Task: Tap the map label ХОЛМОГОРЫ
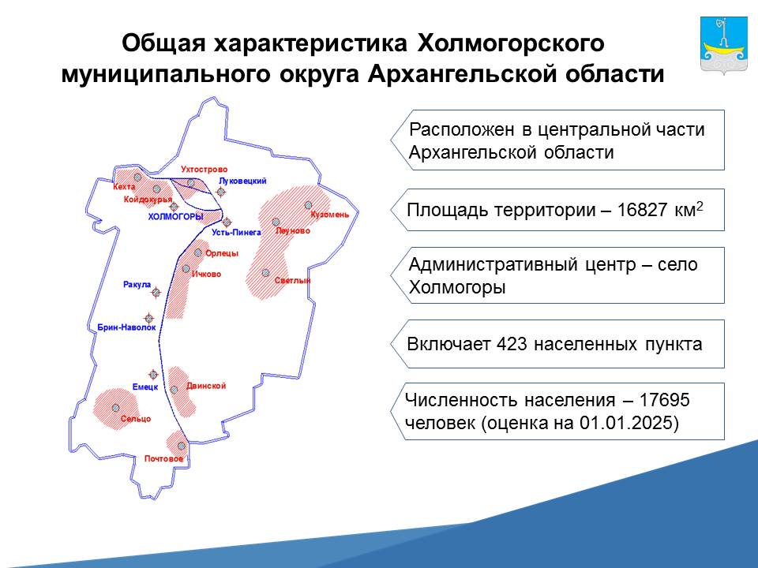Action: pyautogui.click(x=175, y=217)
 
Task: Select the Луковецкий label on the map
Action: pyautogui.click(x=242, y=181)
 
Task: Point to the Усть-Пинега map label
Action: pyautogui.click(x=236, y=232)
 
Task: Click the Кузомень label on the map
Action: pyautogui.click(x=330, y=215)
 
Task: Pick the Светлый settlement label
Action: pyautogui.click(x=292, y=280)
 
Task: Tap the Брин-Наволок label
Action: pyautogui.click(x=126, y=327)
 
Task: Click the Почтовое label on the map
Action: pyautogui.click(x=164, y=458)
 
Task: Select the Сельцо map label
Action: pyautogui.click(x=136, y=419)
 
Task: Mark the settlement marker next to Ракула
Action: pyautogui.click(x=156, y=292)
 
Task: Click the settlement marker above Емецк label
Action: pyautogui.click(x=153, y=374)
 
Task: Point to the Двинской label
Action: pyautogui.click(x=206, y=386)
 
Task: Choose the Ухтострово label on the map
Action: pyautogui.click(x=204, y=170)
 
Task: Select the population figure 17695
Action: pyautogui.click(x=664, y=400)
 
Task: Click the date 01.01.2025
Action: pyautogui.click(x=625, y=423)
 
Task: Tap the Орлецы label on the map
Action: pyautogui.click(x=222, y=253)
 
